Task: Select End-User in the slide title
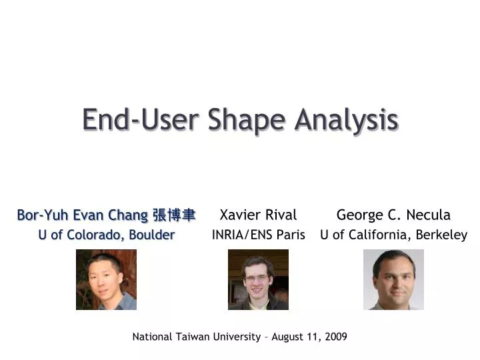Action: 141,120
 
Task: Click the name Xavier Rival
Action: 258,215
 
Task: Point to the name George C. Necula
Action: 393,215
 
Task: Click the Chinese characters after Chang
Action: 174,215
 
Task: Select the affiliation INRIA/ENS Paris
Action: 258,235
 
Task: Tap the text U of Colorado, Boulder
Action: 107,235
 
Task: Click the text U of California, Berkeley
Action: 393,235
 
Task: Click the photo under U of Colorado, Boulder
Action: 106,279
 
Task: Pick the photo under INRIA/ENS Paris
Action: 258,279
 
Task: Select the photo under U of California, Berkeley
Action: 393,279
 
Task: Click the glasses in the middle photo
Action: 257,277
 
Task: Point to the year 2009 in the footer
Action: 336,337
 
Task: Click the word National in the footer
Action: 153,337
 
